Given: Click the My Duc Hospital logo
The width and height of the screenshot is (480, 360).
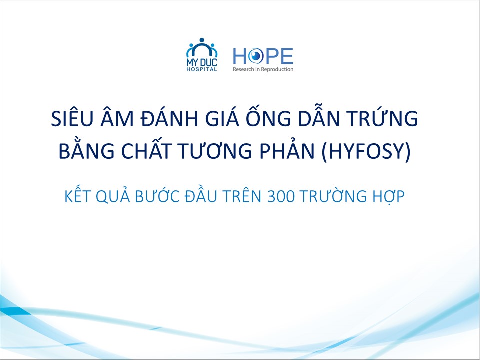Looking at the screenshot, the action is (x=202, y=55).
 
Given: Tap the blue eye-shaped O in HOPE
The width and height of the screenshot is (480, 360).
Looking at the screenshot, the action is (x=256, y=56).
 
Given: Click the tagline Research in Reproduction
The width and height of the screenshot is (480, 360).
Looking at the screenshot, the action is (x=263, y=69).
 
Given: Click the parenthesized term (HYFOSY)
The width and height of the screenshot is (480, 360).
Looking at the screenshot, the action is (x=366, y=151).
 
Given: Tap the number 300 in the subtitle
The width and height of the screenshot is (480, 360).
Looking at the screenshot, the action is (x=281, y=197).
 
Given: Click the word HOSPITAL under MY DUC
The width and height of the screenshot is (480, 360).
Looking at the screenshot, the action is (x=202, y=69).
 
